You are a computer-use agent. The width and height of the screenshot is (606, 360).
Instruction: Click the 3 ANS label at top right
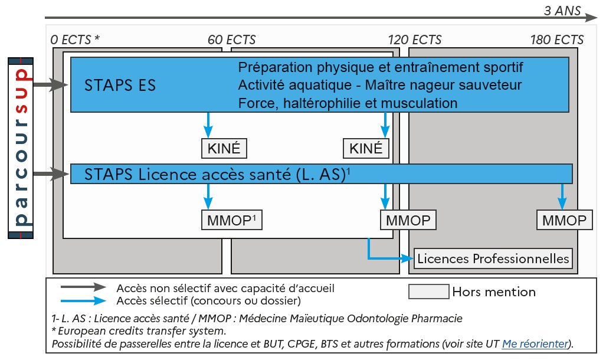tap(562, 10)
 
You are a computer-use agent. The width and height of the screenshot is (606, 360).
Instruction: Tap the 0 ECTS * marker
tap(75, 40)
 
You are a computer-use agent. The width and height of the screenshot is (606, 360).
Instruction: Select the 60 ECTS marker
tap(231, 40)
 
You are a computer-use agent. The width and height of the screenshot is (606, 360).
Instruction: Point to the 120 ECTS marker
tap(414, 40)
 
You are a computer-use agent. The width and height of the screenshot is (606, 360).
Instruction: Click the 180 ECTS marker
tap(556, 40)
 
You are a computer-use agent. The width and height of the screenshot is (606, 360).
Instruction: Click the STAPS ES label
tap(120, 85)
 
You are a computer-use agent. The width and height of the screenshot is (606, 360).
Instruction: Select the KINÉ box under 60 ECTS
tap(224, 148)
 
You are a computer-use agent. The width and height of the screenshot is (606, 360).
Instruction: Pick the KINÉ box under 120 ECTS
tap(366, 148)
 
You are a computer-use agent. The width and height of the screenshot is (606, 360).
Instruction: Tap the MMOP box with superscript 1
tap(232, 220)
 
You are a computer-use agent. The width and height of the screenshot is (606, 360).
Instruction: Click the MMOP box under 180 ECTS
tap(562, 220)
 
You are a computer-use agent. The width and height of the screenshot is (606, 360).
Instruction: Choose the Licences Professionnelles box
tap(493, 258)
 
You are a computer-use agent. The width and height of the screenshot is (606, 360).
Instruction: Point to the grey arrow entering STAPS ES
tap(50, 86)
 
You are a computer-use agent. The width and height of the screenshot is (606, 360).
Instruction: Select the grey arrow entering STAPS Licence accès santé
tap(50, 174)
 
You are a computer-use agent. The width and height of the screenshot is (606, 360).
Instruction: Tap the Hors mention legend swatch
tap(428, 291)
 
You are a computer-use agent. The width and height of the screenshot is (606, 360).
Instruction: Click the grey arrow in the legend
tap(83, 287)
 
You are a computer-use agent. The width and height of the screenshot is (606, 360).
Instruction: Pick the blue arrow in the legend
tap(83, 300)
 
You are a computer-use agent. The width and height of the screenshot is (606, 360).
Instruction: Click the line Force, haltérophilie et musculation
tap(348, 103)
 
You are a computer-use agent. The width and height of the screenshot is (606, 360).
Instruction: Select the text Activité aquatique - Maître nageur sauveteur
tap(380, 85)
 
